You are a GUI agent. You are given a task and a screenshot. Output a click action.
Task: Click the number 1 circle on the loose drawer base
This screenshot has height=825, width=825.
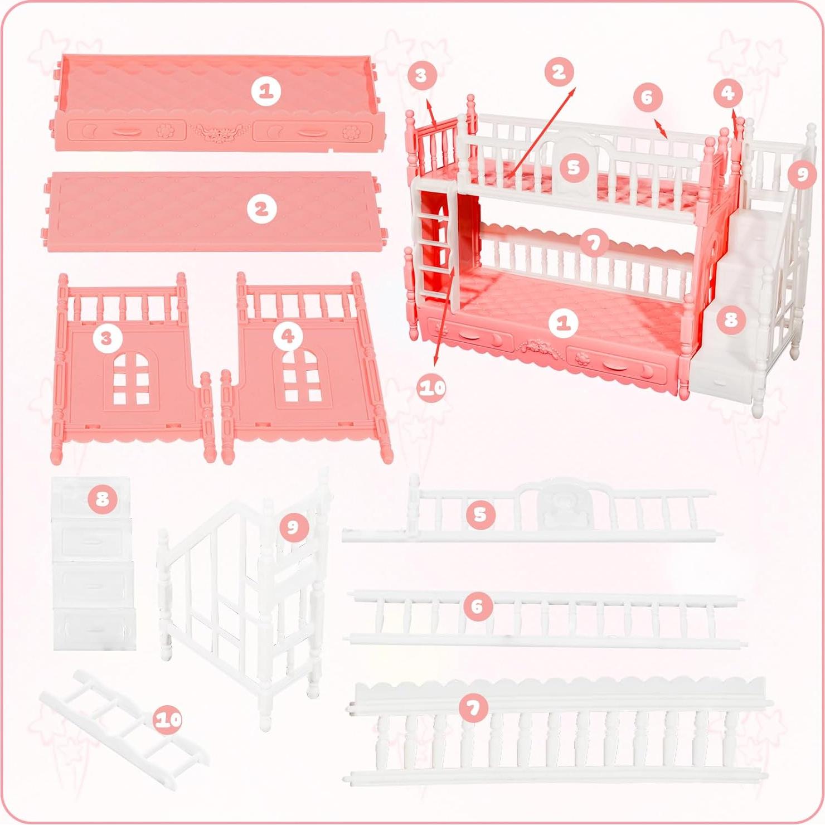click(x=266, y=91)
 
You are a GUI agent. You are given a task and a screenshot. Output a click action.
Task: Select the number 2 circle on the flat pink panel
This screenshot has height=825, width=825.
click(x=262, y=209)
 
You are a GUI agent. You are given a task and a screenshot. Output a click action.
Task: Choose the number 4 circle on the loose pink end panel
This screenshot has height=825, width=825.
click(x=288, y=336)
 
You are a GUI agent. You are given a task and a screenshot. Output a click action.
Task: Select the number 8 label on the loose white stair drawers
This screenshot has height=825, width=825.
click(x=102, y=498)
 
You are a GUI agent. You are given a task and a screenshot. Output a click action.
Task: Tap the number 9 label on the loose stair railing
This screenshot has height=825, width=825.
click(x=293, y=527)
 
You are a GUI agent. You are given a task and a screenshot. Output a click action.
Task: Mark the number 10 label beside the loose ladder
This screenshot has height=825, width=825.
click(x=168, y=720)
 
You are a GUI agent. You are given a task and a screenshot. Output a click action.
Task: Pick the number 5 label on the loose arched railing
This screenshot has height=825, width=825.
click(x=480, y=514)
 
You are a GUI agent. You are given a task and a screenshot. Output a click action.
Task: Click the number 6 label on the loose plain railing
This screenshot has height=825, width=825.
click(x=477, y=606)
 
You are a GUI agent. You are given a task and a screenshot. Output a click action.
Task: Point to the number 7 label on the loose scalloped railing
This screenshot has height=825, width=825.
click(x=473, y=708)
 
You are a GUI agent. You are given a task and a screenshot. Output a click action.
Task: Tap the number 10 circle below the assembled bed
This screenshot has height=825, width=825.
click(x=432, y=387)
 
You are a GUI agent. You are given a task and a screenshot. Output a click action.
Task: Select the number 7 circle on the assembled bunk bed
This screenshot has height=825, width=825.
click(x=594, y=243)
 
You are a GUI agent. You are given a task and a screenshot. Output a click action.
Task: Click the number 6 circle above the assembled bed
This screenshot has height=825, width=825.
click(x=647, y=98)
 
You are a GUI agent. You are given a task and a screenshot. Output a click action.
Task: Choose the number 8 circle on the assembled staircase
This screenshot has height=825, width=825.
click(x=730, y=319)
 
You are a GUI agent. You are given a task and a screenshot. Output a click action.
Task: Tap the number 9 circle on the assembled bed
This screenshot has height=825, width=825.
click(x=802, y=174)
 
